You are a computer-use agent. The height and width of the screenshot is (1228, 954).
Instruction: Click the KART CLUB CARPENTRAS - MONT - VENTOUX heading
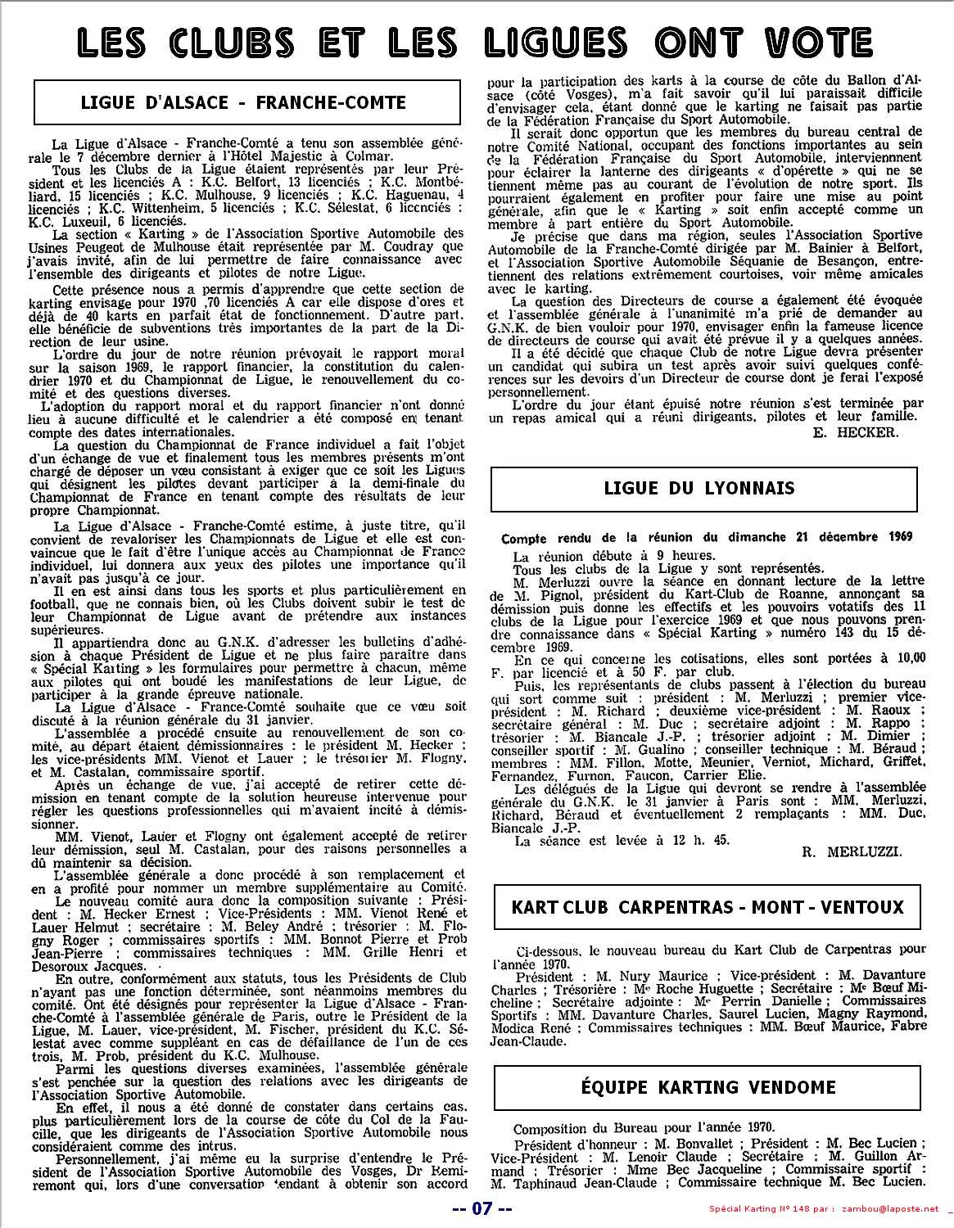tap(708, 907)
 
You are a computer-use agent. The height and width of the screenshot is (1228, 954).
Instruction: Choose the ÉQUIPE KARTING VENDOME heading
tap(708, 1088)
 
